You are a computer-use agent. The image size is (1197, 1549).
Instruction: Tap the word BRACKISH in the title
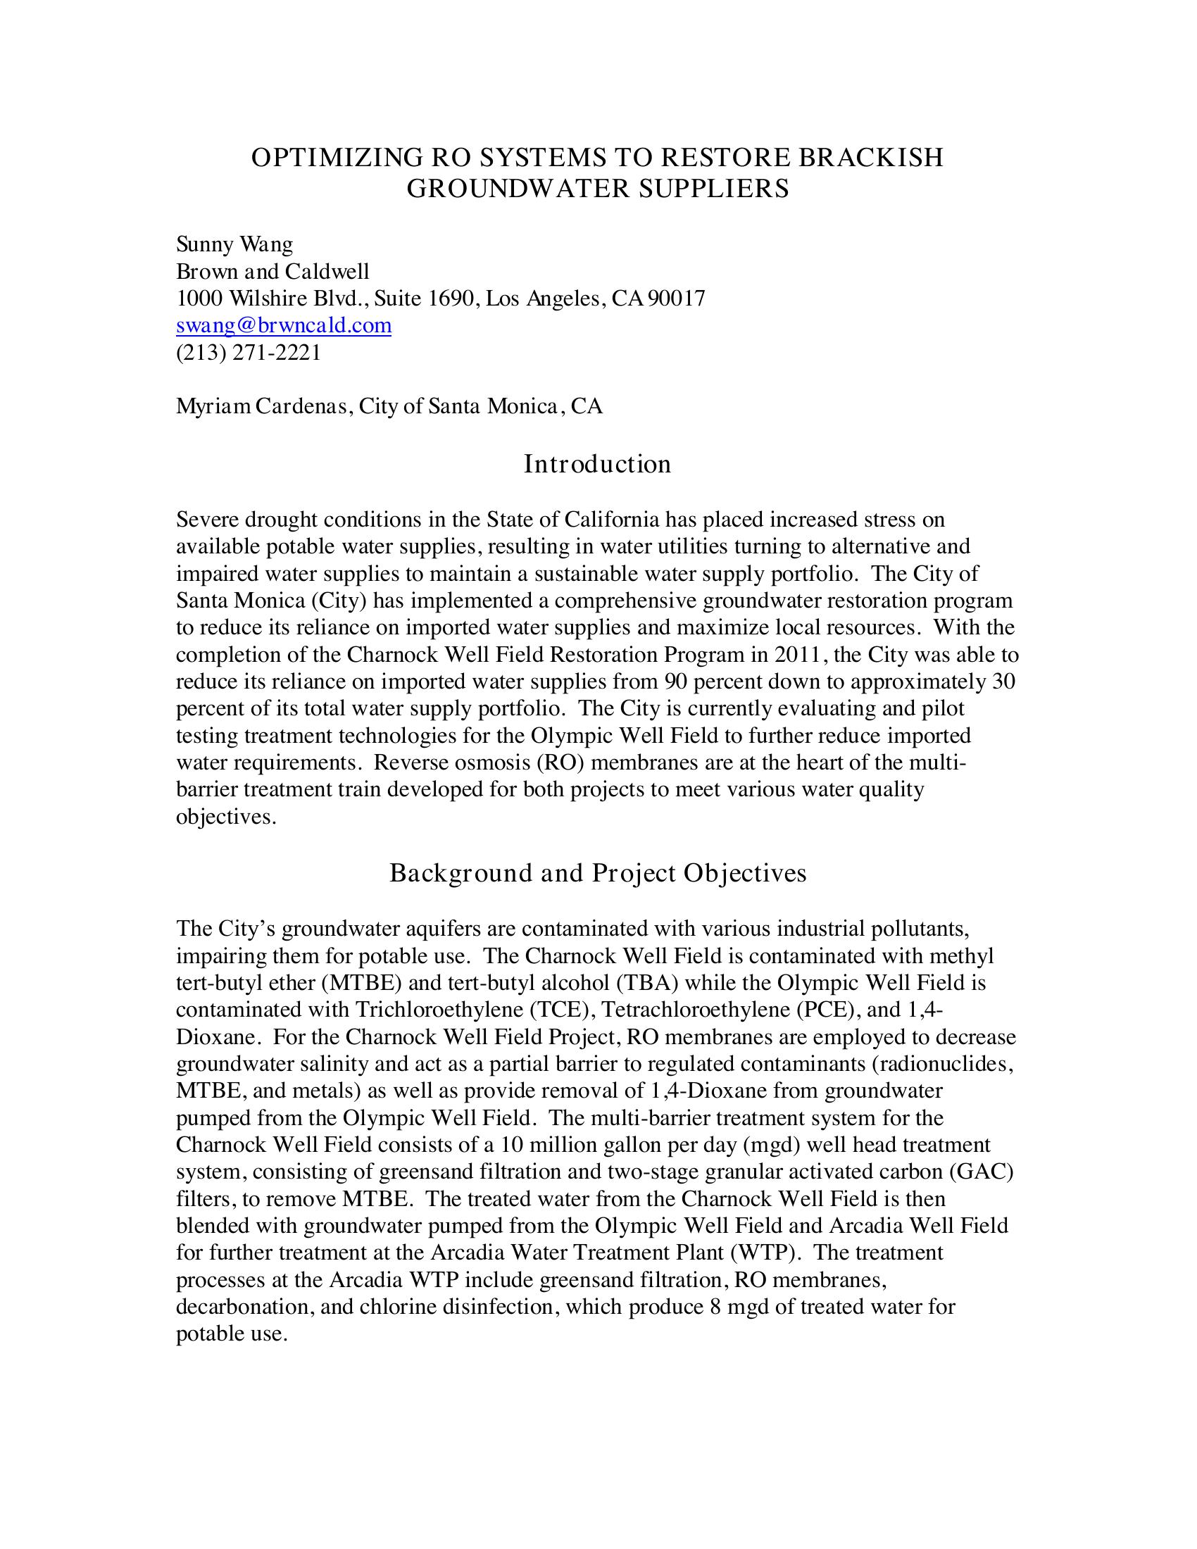point(872,158)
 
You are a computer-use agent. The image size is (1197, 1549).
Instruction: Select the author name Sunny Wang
point(234,245)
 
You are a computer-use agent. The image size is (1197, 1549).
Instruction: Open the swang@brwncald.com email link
point(284,325)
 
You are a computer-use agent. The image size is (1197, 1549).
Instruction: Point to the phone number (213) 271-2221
point(248,353)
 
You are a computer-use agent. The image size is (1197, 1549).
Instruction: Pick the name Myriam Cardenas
point(263,406)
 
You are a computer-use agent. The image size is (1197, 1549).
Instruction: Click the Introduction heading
point(597,464)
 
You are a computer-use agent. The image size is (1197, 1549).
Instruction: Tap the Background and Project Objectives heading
point(598,873)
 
